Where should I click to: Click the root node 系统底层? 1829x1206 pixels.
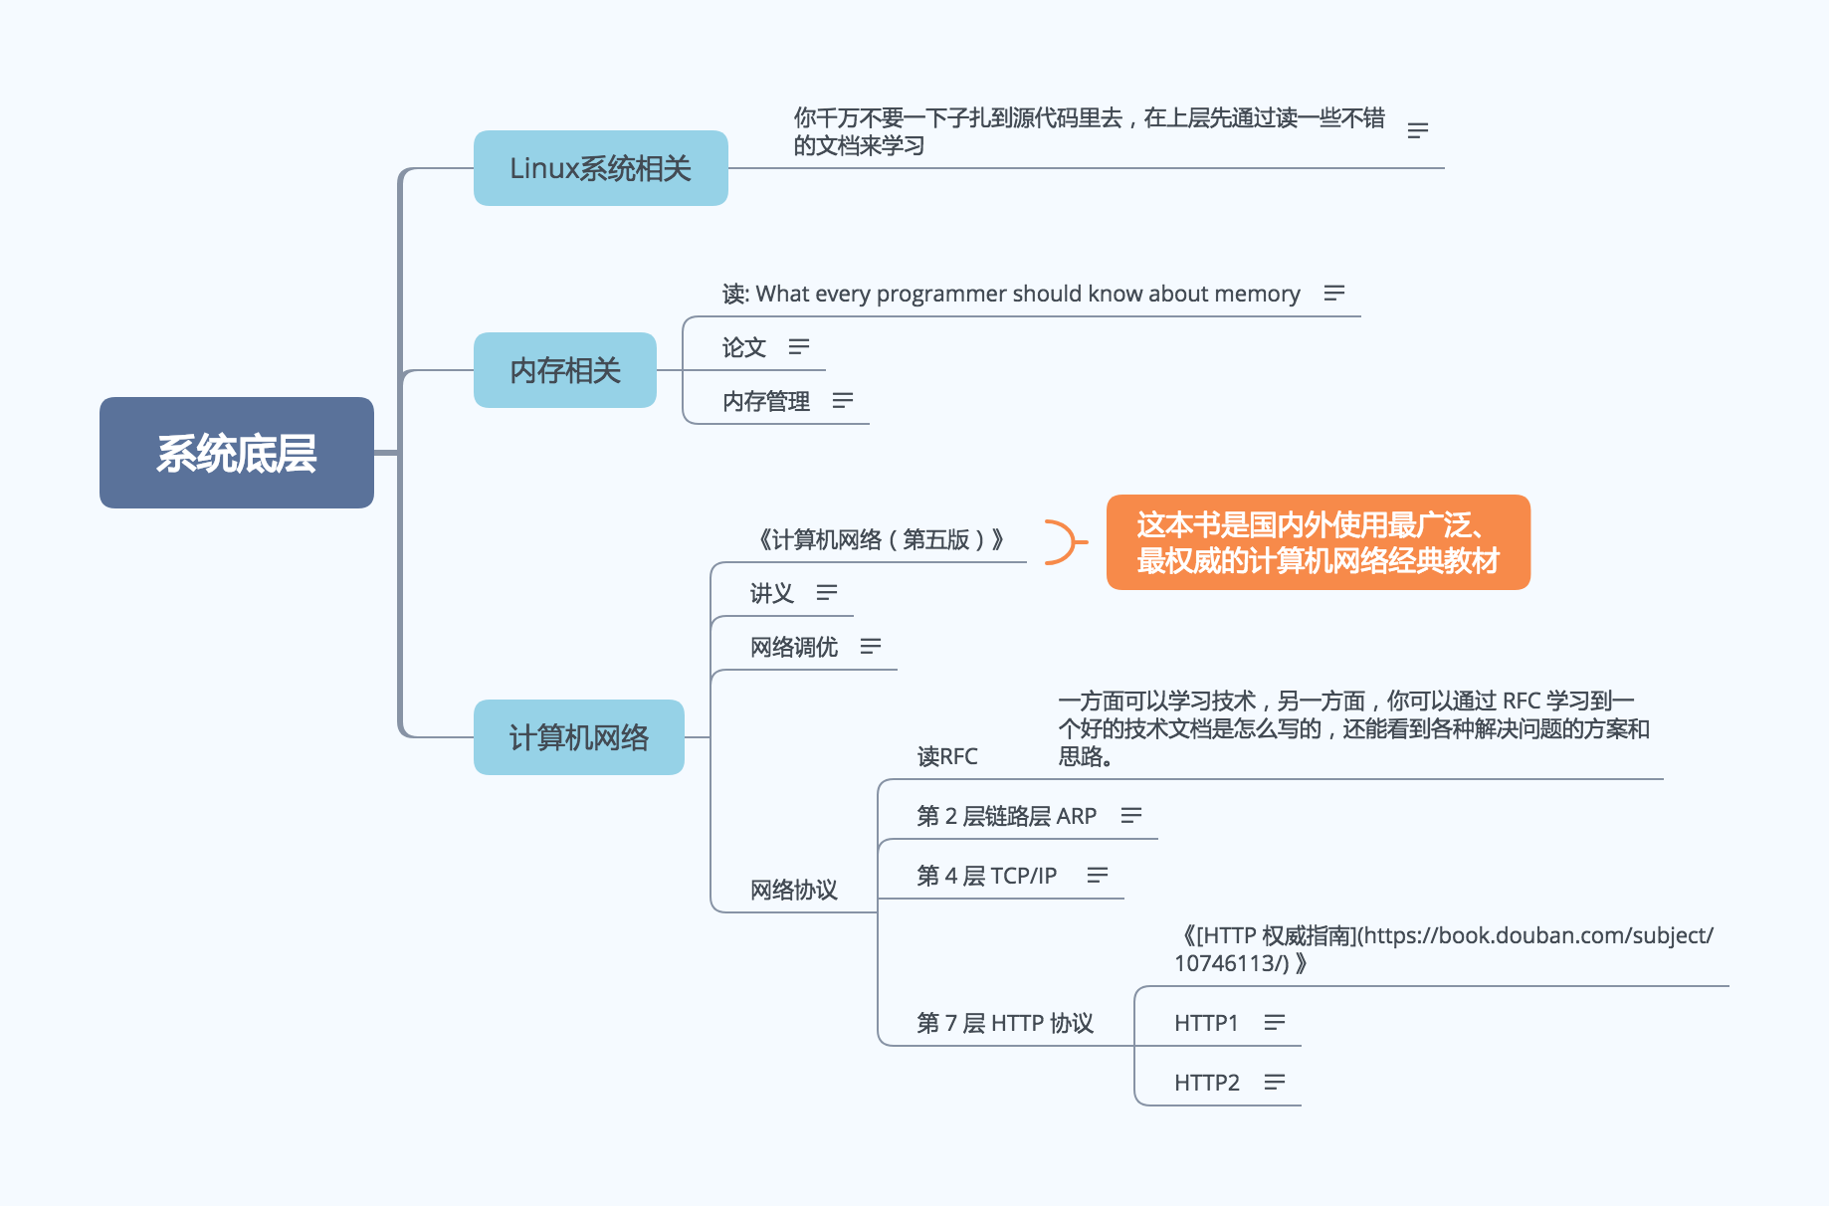237,453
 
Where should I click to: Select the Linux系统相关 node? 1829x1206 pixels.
600,168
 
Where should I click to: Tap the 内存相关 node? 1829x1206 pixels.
564,370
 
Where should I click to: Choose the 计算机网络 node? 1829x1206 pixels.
578,737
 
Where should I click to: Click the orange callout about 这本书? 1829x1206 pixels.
1318,542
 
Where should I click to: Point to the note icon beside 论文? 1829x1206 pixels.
799,346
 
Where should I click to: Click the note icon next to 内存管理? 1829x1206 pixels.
843,400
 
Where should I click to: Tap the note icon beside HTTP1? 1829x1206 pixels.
1275,1022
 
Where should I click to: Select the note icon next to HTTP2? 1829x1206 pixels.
1275,1082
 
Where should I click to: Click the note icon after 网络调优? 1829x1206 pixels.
871,647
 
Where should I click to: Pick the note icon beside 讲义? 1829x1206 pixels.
827,593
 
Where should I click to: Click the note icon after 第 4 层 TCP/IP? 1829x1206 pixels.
1098,875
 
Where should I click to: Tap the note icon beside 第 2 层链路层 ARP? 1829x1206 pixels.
1131,815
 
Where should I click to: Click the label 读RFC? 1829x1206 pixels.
947,756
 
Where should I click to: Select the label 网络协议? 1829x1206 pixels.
793,890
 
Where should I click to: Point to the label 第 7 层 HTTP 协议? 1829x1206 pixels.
1005,1023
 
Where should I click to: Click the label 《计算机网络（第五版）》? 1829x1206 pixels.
881,539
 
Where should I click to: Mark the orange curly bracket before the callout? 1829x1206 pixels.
1063,542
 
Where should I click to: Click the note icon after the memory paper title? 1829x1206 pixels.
1334,293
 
